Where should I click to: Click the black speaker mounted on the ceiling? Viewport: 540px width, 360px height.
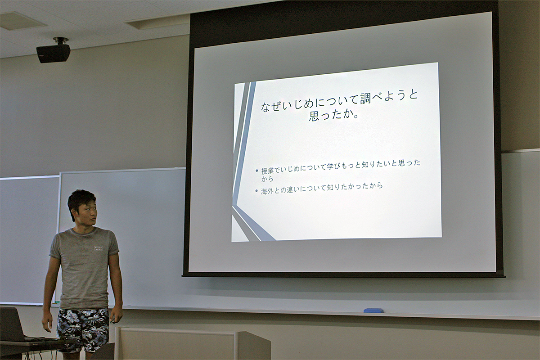point(54,51)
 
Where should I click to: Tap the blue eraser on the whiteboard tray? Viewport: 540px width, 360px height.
point(373,310)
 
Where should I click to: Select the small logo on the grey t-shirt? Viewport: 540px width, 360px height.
point(99,248)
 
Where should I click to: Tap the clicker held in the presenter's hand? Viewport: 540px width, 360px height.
point(112,321)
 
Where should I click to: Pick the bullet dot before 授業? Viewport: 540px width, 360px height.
point(257,171)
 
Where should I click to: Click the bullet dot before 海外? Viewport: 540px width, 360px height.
point(256,191)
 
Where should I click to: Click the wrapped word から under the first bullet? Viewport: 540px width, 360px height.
point(267,179)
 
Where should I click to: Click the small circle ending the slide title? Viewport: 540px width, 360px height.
point(355,117)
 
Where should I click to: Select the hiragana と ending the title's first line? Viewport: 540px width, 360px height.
point(412,94)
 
